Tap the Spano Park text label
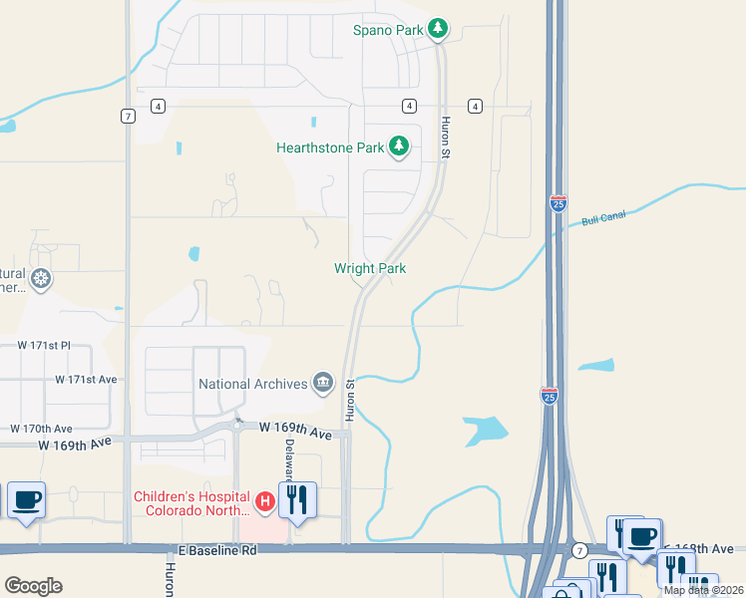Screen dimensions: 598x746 click(389, 30)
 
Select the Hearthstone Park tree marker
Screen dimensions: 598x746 click(399, 148)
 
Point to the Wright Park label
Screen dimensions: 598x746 click(370, 268)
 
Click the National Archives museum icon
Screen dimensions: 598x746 click(323, 383)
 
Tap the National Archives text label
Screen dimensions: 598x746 click(253, 384)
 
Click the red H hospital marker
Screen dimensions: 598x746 click(265, 501)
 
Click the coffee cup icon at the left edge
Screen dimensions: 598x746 click(26, 498)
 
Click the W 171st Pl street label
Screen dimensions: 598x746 click(45, 345)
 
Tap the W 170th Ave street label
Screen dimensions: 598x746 click(42, 428)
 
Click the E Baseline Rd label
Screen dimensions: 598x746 click(217, 550)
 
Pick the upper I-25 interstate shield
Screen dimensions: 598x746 click(558, 203)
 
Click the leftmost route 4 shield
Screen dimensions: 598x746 click(158, 106)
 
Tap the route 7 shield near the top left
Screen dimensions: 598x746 click(128, 116)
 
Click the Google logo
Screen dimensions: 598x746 click(33, 586)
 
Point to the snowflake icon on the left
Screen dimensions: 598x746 click(41, 278)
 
